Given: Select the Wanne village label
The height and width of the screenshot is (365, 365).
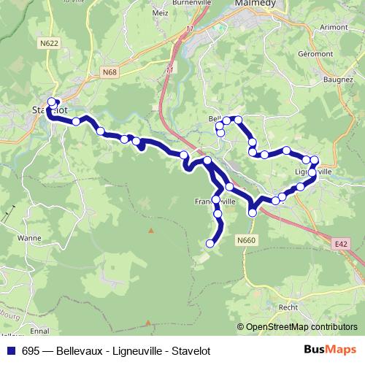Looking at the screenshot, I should point(30,238).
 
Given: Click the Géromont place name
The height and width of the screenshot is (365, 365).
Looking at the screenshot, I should point(315,54).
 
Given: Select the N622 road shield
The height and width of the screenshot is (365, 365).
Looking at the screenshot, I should point(50,43).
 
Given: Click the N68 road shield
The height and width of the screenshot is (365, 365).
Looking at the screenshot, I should point(110,72).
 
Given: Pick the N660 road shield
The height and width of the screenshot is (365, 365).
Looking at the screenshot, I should point(247,239).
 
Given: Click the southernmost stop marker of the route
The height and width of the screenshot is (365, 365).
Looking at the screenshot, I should point(211,243).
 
